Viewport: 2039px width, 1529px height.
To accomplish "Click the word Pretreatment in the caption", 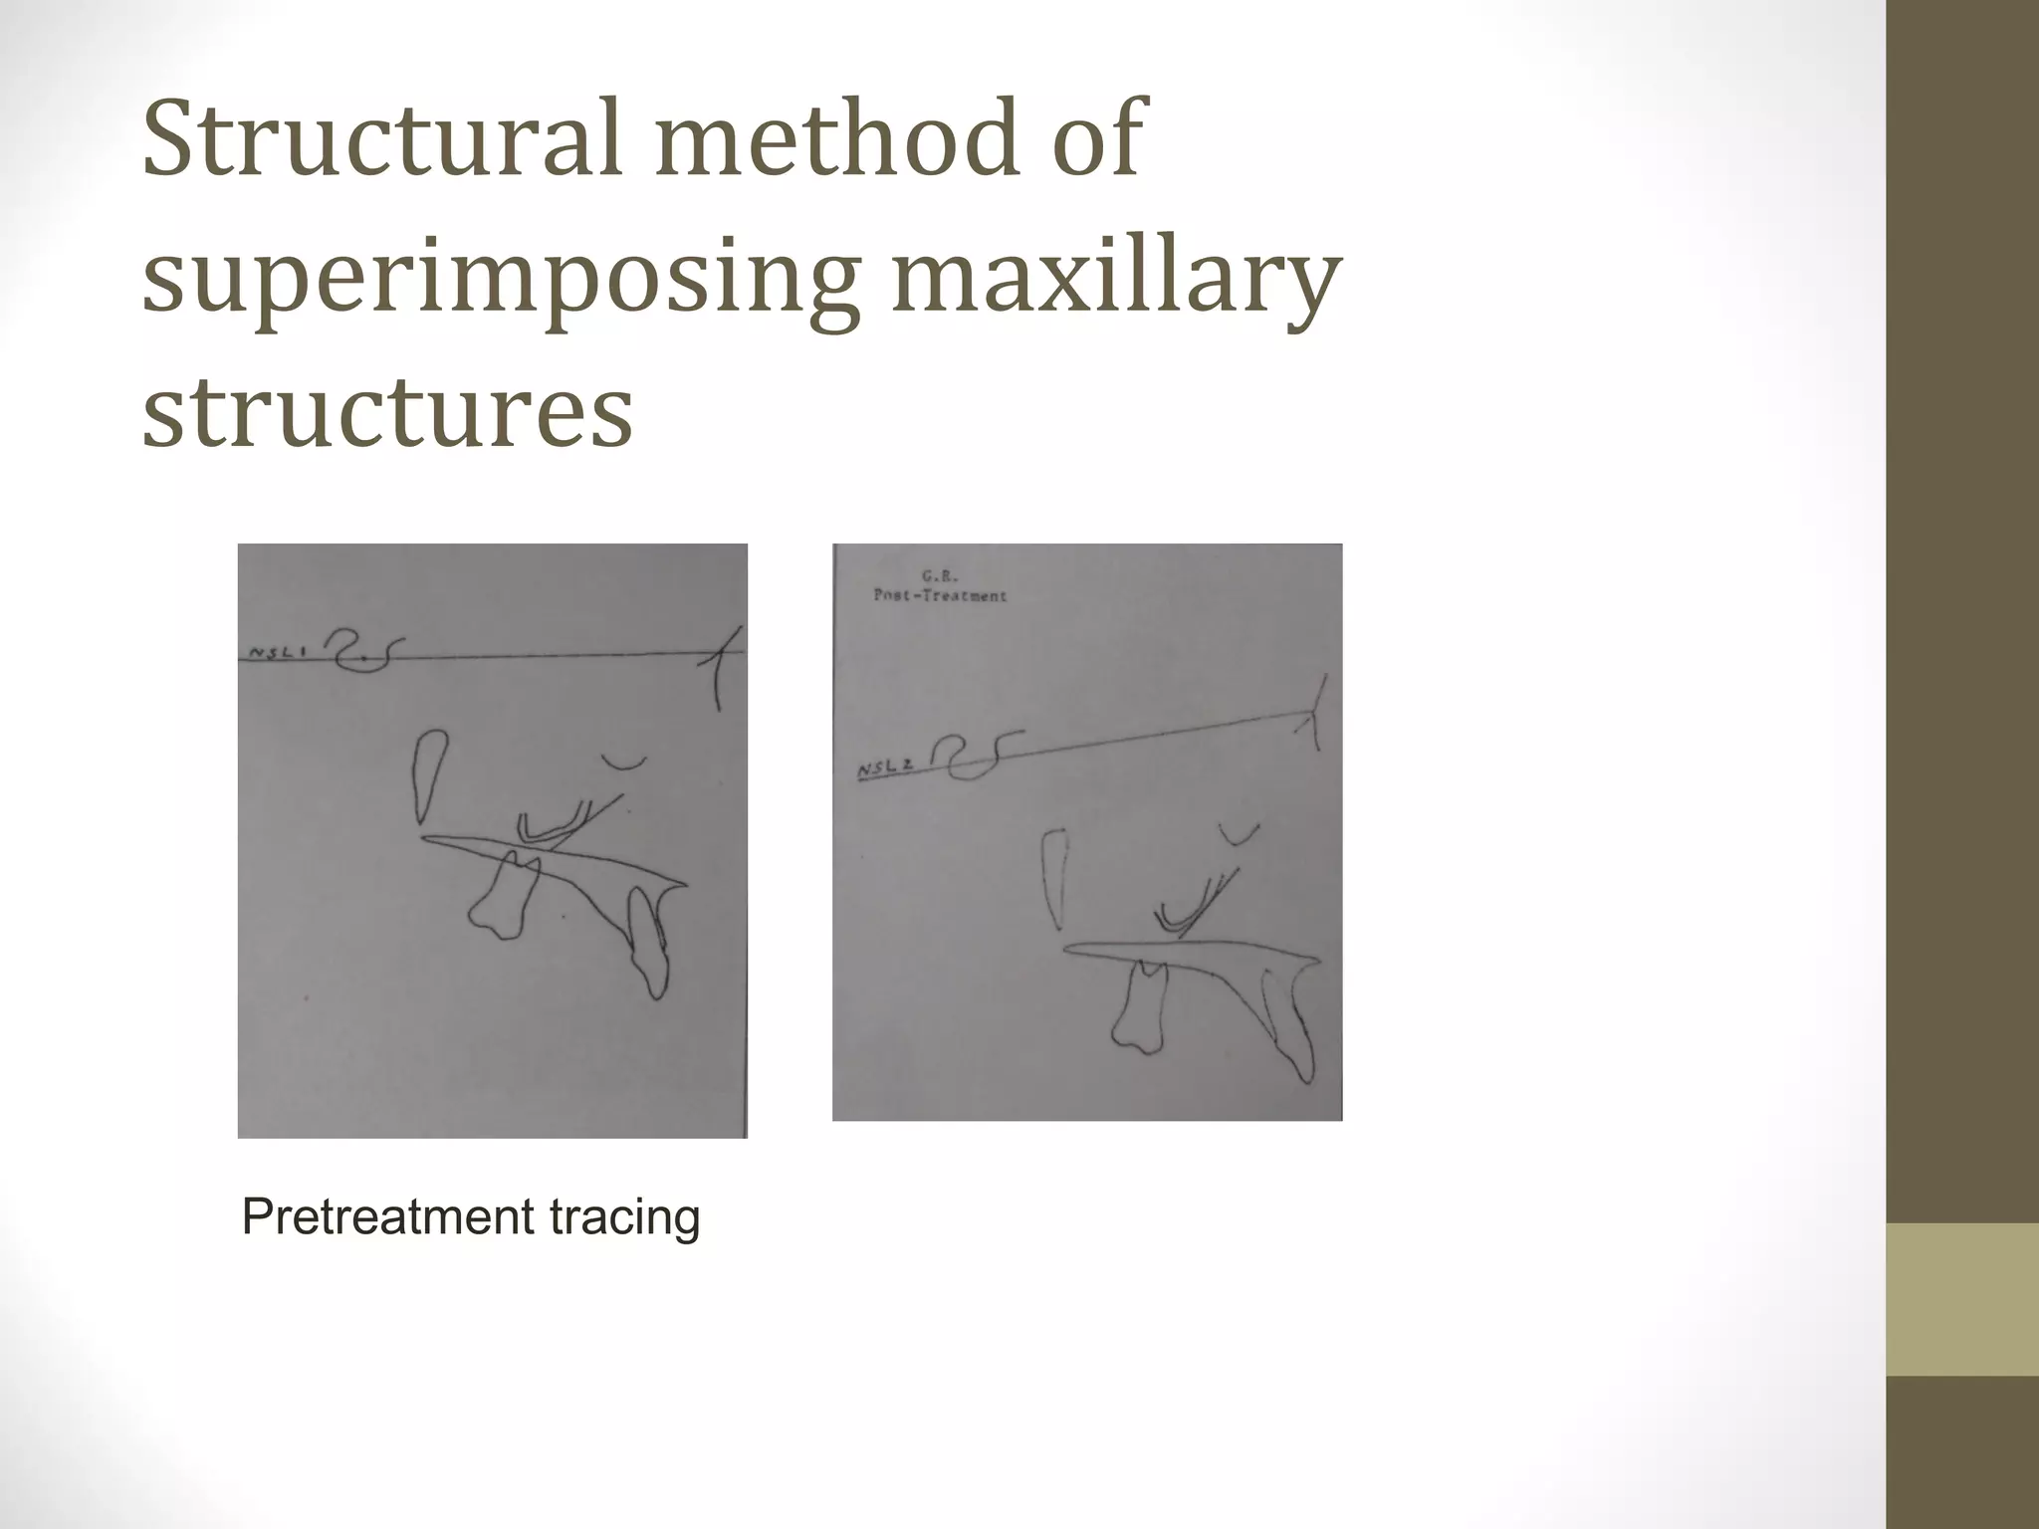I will tap(371, 1216).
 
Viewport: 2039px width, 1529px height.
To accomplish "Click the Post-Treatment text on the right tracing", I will tap(940, 595).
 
